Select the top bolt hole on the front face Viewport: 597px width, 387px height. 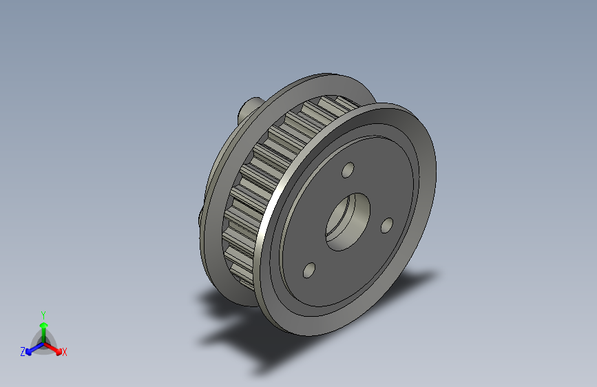point(348,169)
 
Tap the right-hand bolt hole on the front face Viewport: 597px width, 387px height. point(386,224)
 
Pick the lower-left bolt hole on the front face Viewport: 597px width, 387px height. point(308,271)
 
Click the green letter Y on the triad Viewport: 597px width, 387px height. point(43,314)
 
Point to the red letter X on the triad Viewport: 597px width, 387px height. point(65,352)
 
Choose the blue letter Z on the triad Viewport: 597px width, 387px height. point(23,352)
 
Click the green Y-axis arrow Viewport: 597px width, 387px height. point(43,328)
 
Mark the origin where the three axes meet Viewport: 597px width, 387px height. point(43,342)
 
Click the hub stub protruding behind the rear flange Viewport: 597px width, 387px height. point(247,107)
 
